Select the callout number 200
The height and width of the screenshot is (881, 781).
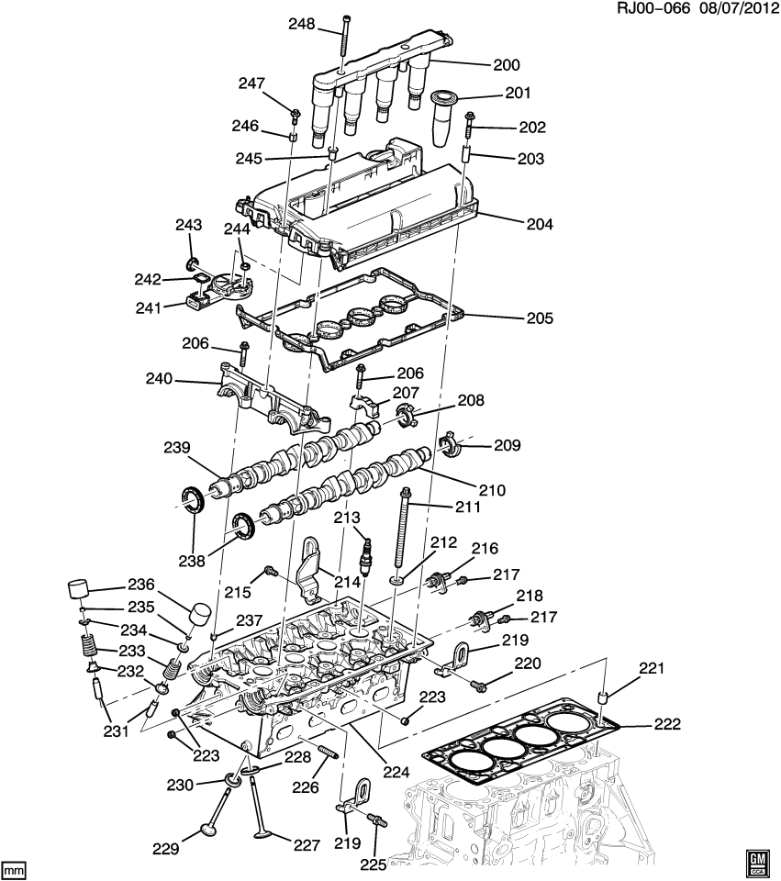click(506, 65)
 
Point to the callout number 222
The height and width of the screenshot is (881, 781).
click(667, 724)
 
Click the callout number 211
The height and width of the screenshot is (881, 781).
click(467, 506)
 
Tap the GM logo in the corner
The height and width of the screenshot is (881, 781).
click(757, 861)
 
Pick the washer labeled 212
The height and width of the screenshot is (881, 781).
click(397, 580)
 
